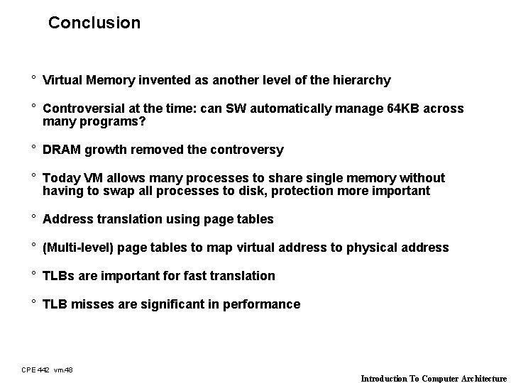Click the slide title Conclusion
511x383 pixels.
point(94,23)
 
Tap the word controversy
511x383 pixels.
point(246,150)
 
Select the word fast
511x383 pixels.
point(187,276)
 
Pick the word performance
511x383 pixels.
point(261,304)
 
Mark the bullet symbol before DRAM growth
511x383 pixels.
point(33,149)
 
